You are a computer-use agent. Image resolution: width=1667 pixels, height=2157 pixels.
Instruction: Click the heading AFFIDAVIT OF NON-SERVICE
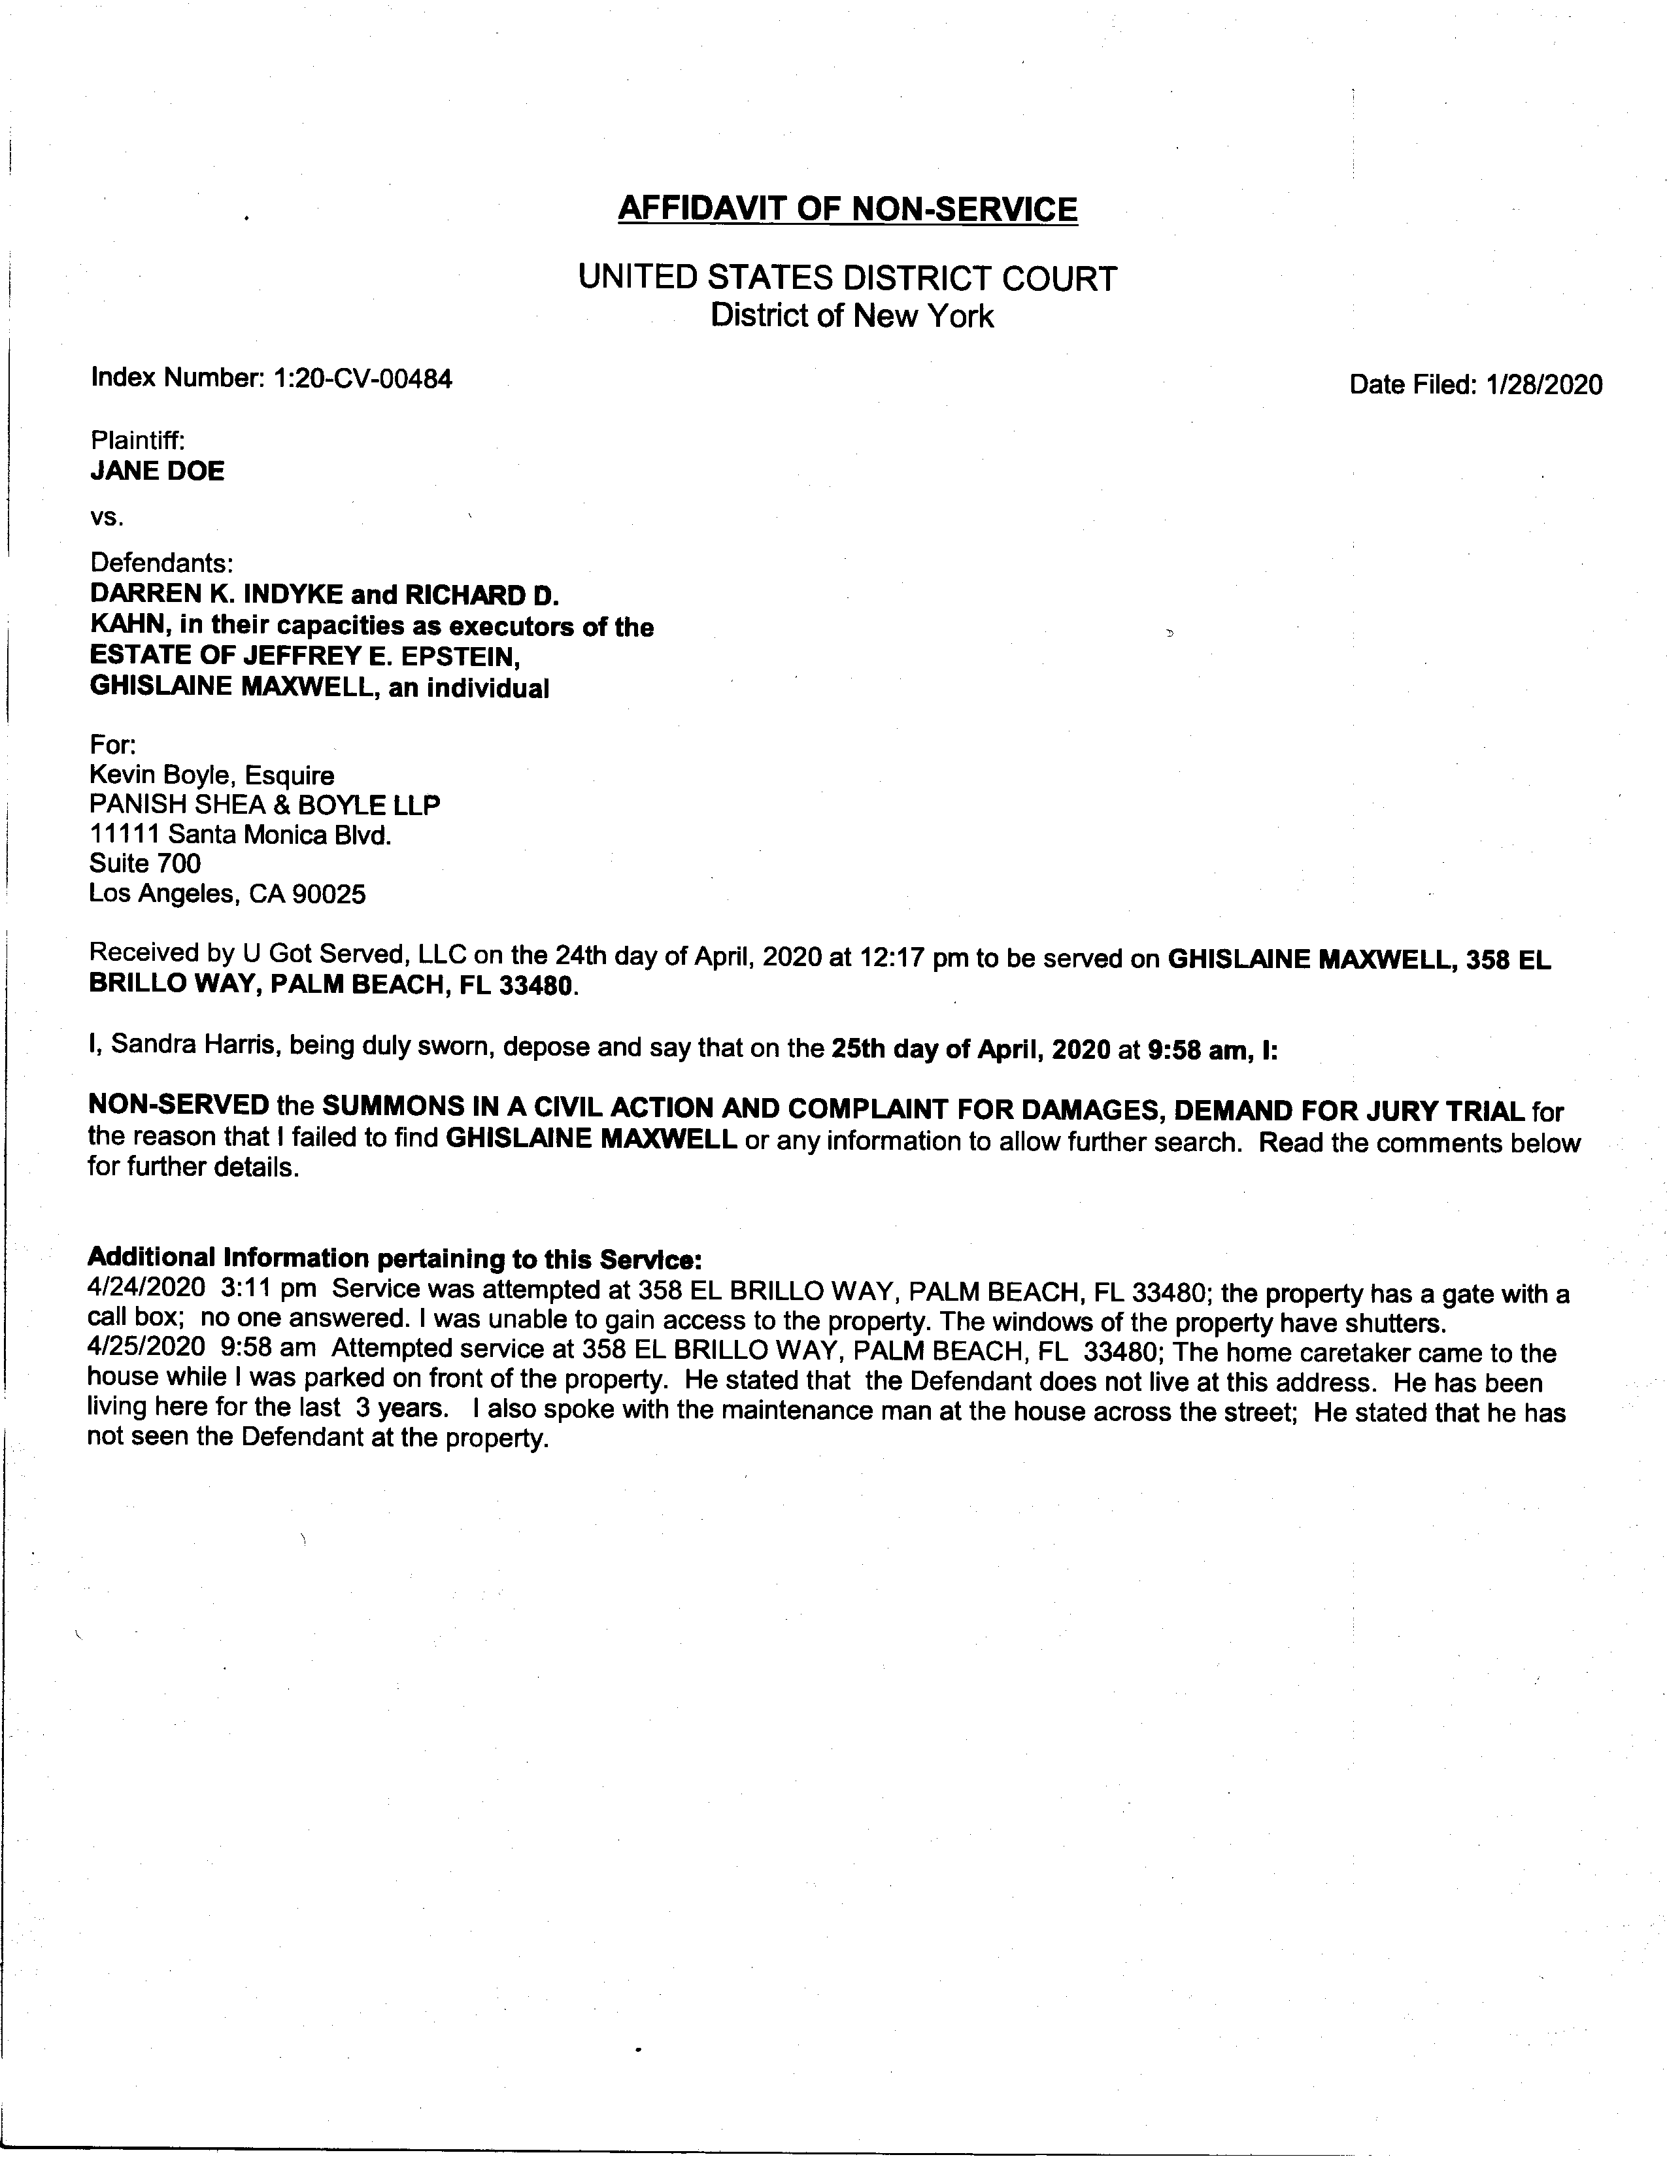click(847, 209)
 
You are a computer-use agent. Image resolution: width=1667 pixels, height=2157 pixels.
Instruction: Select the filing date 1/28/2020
click(1543, 384)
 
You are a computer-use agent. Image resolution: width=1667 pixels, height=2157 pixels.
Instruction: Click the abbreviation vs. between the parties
click(107, 516)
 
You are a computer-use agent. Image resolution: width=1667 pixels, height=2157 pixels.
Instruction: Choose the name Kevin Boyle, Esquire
click(211, 775)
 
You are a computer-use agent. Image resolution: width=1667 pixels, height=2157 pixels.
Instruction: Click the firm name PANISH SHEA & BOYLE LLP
click(265, 805)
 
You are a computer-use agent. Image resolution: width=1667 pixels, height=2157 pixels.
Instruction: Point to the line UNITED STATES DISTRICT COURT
click(847, 278)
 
